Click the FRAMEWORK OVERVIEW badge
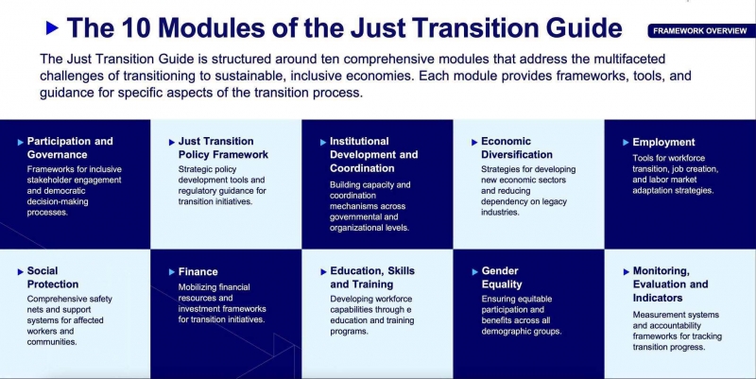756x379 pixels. click(x=701, y=31)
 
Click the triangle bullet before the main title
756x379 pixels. click(x=52, y=28)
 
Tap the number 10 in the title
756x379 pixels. click(x=136, y=28)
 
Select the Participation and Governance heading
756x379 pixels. click(x=70, y=148)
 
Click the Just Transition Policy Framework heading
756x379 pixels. click(x=223, y=148)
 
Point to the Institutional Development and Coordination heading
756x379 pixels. click(x=373, y=155)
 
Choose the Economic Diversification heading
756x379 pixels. click(x=517, y=148)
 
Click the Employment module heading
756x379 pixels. click(x=663, y=143)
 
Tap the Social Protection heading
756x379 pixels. click(x=53, y=278)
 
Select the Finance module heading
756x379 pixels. click(x=198, y=272)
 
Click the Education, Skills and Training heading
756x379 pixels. click(x=372, y=278)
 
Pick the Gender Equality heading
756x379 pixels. click(x=502, y=278)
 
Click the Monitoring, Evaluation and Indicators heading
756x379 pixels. click(x=670, y=284)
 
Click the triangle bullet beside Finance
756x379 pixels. click(x=172, y=272)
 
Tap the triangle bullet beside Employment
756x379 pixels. click(x=626, y=143)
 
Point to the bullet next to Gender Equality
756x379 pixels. click(x=475, y=272)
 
